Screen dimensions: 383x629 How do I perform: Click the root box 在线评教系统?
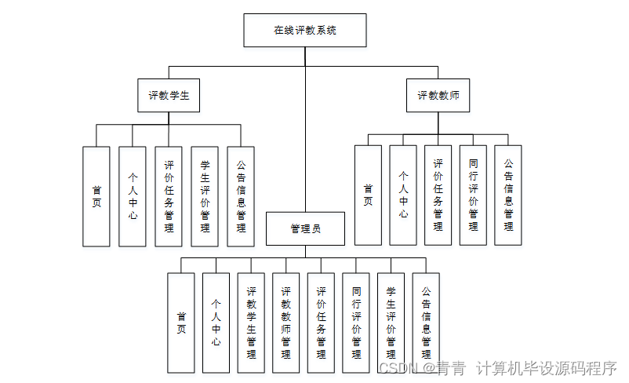pos(304,31)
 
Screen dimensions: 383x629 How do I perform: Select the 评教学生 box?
pos(169,96)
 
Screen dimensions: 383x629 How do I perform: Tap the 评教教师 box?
pos(438,96)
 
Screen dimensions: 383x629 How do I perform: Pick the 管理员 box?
pos(305,229)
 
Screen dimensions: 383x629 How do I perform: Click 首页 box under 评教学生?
pos(96,196)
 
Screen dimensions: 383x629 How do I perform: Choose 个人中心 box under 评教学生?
pos(133,196)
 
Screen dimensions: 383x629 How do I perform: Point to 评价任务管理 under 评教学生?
pos(169,196)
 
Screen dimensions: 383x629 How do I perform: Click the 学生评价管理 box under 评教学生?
pos(205,196)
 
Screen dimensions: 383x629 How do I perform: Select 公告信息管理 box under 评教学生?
pos(241,196)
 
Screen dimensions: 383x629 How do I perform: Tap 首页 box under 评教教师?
pos(368,195)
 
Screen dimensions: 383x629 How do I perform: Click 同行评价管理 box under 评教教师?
pos(473,195)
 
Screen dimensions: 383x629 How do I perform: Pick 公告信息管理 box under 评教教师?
pos(508,195)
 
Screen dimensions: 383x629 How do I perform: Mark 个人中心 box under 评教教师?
pos(403,195)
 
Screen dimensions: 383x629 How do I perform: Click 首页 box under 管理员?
pos(181,323)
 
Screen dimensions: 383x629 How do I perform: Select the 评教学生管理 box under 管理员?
pos(251,323)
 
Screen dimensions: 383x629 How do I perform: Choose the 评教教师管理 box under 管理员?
pos(286,323)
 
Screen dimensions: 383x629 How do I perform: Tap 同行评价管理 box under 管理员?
pos(356,323)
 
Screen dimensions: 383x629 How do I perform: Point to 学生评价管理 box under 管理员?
pos(391,323)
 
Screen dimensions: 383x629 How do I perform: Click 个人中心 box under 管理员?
pos(216,323)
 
